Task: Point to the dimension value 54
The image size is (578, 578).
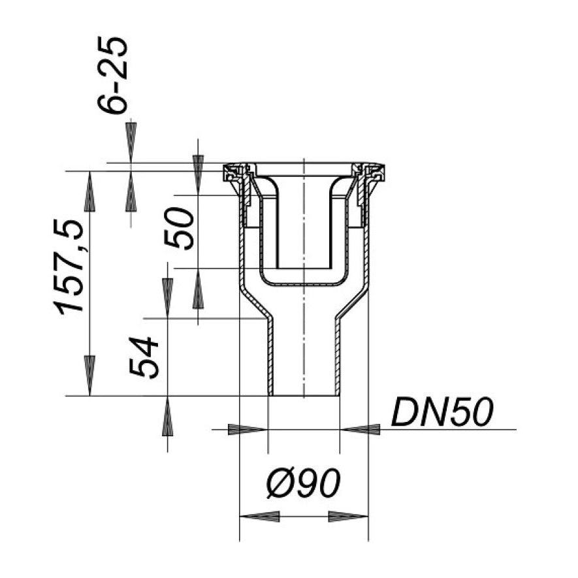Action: (144, 357)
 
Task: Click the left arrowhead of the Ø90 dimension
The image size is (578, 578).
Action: (260, 516)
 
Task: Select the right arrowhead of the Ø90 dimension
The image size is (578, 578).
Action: (347, 516)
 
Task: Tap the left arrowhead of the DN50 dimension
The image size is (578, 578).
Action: (247, 429)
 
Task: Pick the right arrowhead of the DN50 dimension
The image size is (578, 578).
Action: (361, 429)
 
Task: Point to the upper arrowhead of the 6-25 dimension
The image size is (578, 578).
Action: (131, 141)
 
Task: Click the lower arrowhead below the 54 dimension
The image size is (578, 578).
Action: (168, 416)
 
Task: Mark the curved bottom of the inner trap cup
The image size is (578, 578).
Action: (304, 283)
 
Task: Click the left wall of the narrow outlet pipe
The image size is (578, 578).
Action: (270, 356)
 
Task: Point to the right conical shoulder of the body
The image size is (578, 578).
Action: (351, 304)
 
